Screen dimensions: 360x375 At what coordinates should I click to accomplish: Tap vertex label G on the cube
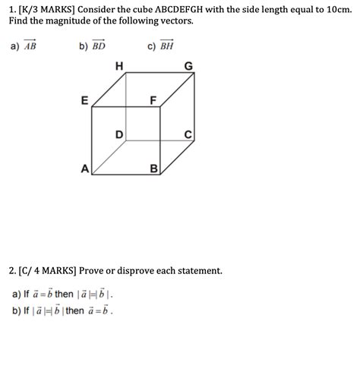click(188, 67)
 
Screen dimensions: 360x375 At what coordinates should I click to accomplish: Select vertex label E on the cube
click(84, 100)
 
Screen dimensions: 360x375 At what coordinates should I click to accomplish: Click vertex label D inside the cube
click(119, 134)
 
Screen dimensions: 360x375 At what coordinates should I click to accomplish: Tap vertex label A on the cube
click(84, 169)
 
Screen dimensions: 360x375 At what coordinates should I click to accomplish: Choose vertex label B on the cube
click(153, 169)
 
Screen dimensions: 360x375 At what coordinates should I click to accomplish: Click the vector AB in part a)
click(29, 45)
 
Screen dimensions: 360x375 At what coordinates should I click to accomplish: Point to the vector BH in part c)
click(166, 45)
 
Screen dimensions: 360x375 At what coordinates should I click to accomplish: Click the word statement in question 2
click(198, 270)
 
